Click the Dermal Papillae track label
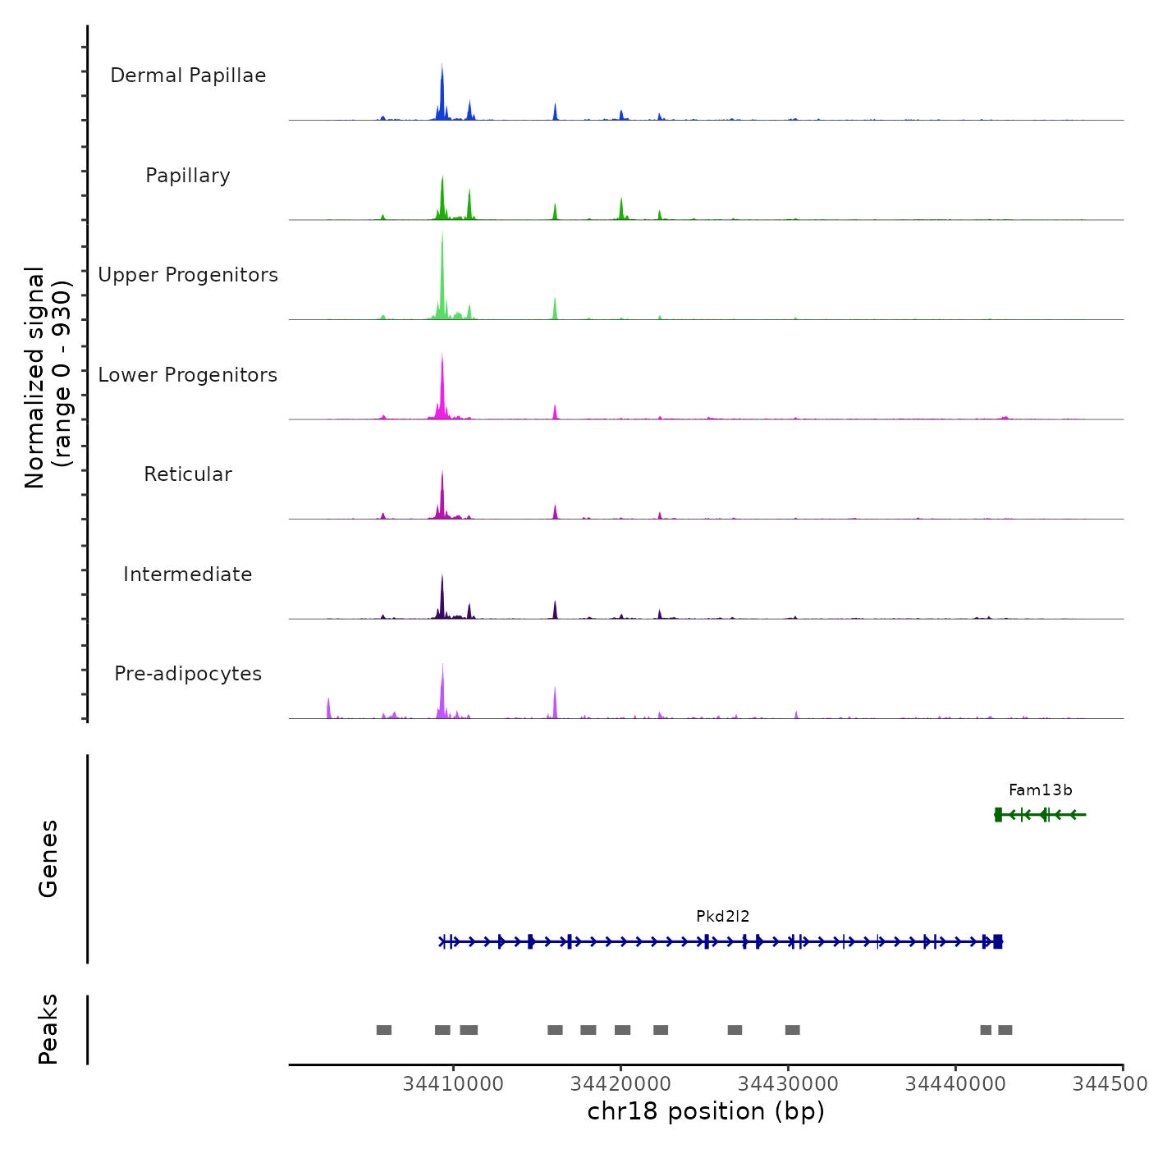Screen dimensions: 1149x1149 click(x=188, y=76)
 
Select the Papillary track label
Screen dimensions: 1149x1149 click(x=188, y=176)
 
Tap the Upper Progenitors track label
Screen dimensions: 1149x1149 click(x=188, y=275)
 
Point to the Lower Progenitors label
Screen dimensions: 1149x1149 click(x=188, y=375)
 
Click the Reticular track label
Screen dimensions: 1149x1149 click(x=188, y=474)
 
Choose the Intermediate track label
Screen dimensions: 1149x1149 click(x=188, y=574)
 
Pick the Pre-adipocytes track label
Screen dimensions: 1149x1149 click(x=188, y=674)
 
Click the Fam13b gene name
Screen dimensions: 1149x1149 click(x=1040, y=790)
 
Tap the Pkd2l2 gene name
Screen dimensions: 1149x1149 click(x=722, y=917)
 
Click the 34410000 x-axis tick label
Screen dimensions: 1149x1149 click(x=453, y=1084)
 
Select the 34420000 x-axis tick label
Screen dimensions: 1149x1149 click(x=620, y=1084)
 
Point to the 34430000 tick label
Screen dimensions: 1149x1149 click(x=788, y=1084)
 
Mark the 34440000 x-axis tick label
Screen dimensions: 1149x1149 click(x=955, y=1084)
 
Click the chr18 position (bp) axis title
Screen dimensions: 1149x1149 click(x=706, y=1111)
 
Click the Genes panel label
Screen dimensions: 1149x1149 click(x=48, y=858)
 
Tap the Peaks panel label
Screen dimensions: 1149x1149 click(x=48, y=1029)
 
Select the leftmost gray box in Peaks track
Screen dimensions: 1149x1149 click(x=384, y=1030)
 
